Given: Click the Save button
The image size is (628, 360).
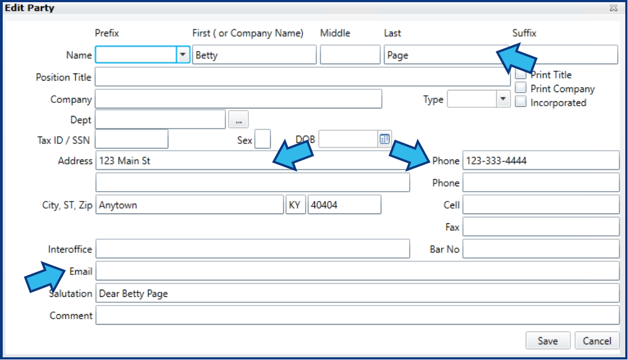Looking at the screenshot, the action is [547, 341].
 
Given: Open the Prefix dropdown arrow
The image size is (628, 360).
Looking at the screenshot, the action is [182, 55].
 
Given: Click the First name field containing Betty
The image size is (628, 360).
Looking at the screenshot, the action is [254, 55].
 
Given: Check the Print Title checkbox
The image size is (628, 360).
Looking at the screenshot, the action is [520, 74].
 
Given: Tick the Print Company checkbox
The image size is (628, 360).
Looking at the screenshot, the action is [520, 87].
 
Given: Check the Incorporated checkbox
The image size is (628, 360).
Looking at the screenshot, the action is [520, 101].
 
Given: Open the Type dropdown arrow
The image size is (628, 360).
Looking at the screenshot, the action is [503, 99].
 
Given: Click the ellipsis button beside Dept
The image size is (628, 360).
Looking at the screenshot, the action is [239, 120].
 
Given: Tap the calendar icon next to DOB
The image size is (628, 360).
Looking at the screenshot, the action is [385, 139].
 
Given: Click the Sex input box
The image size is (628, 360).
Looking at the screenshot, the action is [263, 139].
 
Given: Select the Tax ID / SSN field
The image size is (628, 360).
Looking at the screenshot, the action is [131, 139].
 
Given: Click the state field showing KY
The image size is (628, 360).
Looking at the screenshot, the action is [295, 205].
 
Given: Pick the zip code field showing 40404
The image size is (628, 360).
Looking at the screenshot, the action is [344, 205].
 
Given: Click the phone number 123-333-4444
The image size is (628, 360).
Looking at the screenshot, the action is [496, 161].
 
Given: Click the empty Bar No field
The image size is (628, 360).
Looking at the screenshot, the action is [541, 249].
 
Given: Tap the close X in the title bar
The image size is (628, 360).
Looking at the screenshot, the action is [613, 8].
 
